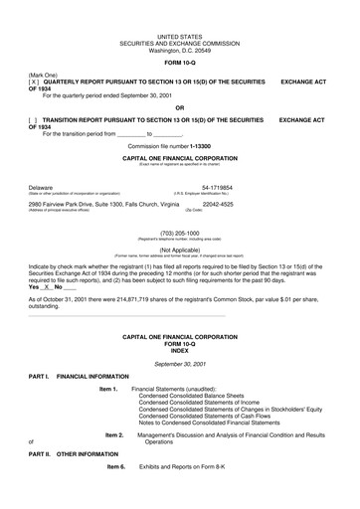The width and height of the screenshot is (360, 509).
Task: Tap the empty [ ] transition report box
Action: [x=36, y=119]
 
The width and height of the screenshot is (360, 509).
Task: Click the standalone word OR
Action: [x=180, y=107]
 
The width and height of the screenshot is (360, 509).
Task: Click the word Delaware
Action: [x=41, y=187]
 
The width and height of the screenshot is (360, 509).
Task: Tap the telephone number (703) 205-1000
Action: [x=179, y=233]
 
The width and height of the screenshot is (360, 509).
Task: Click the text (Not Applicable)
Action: [x=180, y=250]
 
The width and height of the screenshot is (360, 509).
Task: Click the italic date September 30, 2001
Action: [x=180, y=365]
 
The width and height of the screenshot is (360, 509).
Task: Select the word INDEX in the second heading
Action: [x=180, y=350]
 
